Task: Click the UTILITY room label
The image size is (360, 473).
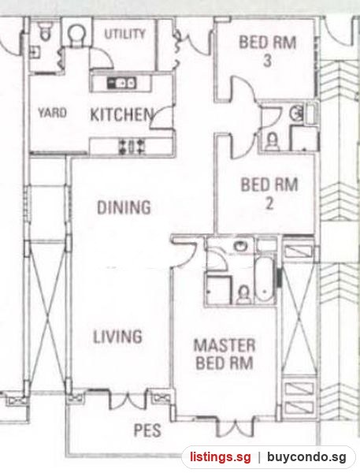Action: (x=124, y=34)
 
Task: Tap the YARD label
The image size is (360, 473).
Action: (x=52, y=113)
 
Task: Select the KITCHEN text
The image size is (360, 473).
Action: (x=121, y=114)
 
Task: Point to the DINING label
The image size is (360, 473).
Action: (x=124, y=207)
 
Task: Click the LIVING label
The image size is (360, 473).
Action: (x=117, y=337)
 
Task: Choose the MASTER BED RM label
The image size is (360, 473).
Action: (x=225, y=354)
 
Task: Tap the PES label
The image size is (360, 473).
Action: (x=147, y=430)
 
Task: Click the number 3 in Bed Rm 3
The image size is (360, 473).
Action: (x=267, y=61)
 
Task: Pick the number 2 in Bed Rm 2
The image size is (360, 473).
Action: (x=269, y=203)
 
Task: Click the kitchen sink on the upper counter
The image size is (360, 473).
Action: (x=122, y=83)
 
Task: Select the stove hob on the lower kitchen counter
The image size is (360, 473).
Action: (x=132, y=147)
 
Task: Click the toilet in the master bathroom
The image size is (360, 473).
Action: (x=243, y=295)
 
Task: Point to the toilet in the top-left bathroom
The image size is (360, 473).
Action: (x=46, y=31)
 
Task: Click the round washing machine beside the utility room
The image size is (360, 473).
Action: (x=76, y=34)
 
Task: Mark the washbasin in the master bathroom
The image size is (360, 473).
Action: (x=241, y=245)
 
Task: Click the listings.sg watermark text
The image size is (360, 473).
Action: (x=220, y=457)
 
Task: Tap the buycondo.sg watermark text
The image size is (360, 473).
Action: (x=306, y=457)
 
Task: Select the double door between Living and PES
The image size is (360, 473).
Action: (x=128, y=400)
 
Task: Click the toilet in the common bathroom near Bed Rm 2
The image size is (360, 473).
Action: (x=273, y=141)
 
